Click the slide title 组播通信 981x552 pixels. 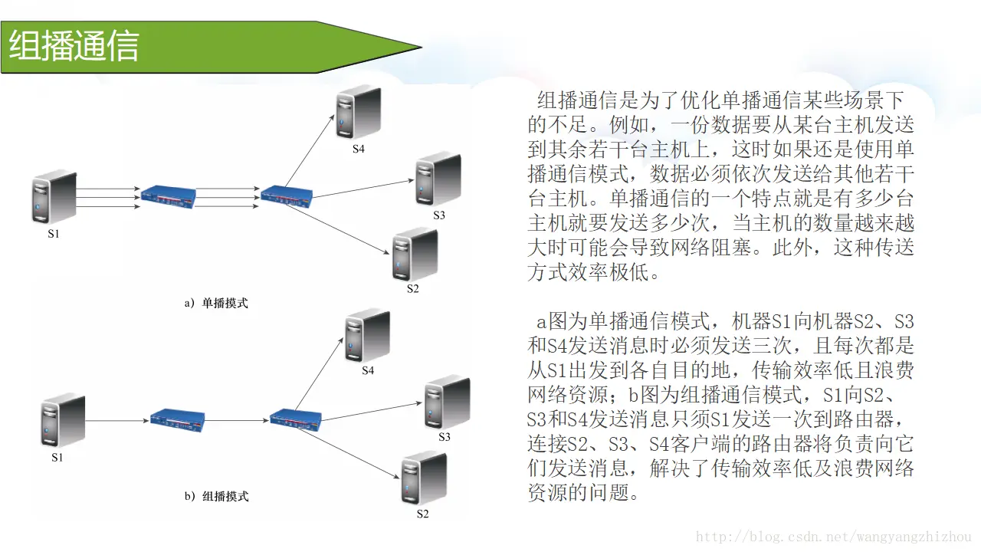point(74,47)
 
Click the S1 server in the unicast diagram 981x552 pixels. point(54,197)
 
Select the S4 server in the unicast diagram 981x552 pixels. point(359,112)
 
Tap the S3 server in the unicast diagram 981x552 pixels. point(438,179)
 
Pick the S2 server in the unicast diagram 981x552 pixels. point(414,255)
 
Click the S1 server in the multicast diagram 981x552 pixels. point(62,421)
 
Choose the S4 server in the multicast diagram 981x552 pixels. point(367,335)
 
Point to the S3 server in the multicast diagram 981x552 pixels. point(446,402)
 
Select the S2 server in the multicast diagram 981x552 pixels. point(423,478)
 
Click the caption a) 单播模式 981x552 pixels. point(216,303)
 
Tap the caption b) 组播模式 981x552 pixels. point(216,496)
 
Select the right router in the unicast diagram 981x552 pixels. point(287,194)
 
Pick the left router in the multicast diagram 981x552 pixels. point(177,419)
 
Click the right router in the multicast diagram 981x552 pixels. point(296,419)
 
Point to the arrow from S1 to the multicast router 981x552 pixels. point(116,420)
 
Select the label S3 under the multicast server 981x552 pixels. point(445,437)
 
